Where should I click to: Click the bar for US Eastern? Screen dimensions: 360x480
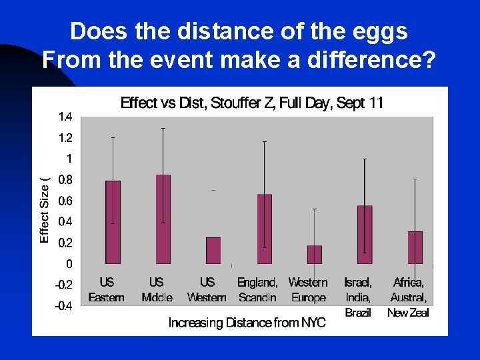coord(113,222)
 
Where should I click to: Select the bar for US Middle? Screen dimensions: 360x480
coord(163,219)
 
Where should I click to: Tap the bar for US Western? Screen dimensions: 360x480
coord(213,250)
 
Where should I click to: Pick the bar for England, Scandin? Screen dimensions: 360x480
coord(265,229)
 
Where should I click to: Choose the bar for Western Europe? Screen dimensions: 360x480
coord(315,254)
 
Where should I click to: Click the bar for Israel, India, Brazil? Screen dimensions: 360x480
coord(365,235)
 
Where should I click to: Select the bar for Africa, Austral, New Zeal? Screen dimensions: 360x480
coord(415,247)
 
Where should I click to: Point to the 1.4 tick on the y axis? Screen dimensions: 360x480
coord(65,117)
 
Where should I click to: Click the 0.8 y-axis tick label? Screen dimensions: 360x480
coord(65,179)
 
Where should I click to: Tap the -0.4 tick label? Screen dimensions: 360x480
coord(64,306)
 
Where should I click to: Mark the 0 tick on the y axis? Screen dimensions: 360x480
coord(69,264)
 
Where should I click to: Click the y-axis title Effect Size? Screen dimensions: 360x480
coord(45,210)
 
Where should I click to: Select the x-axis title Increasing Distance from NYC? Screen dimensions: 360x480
coord(247,323)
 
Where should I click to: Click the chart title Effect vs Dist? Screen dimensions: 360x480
coord(251,103)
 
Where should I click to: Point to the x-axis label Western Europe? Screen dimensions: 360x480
coord(308,290)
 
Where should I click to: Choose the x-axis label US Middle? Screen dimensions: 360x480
coord(157,290)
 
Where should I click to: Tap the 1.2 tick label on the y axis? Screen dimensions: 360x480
coord(65,138)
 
